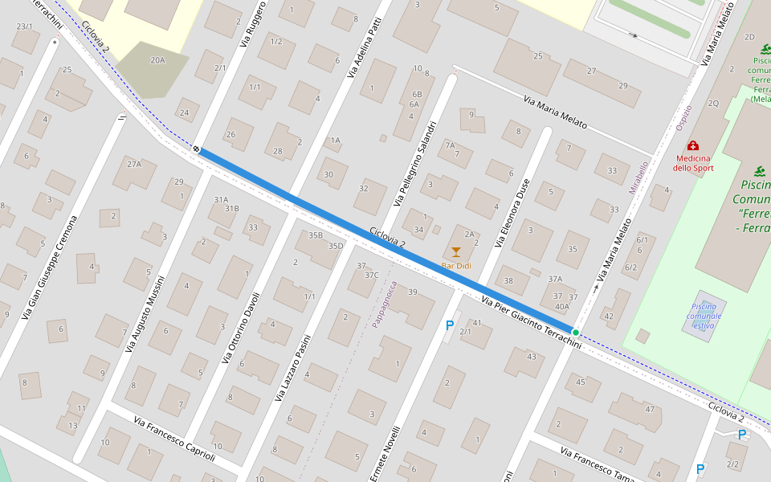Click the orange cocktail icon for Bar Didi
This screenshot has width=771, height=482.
456,252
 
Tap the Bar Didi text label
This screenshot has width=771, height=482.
456,265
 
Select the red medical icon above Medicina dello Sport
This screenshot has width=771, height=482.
692,146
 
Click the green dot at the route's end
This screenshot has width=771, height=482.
576,332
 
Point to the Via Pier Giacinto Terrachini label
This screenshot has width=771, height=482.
530,321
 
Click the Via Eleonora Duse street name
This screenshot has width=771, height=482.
512,212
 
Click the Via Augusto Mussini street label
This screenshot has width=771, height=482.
145,314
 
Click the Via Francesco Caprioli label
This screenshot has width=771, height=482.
174,439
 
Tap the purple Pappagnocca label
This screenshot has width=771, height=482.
385,304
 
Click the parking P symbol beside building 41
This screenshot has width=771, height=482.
450,325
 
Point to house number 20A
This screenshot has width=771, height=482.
157,60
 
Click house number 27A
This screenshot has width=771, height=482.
133,165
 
